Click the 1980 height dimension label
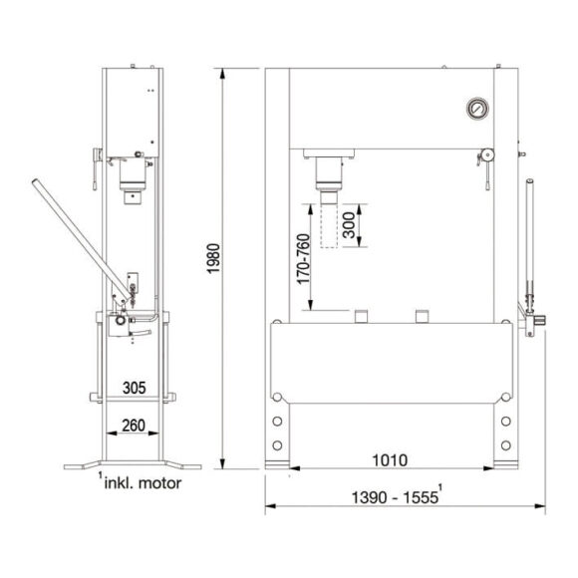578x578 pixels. [213, 258]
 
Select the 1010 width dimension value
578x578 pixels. [390, 460]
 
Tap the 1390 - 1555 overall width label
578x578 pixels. [395, 497]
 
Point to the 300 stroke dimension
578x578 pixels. [349, 225]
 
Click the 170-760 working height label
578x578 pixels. [303, 259]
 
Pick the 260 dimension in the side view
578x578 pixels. [134, 426]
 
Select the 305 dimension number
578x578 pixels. [135, 388]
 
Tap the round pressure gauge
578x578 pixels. [477, 109]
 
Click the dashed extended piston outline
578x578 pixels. [329, 225]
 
